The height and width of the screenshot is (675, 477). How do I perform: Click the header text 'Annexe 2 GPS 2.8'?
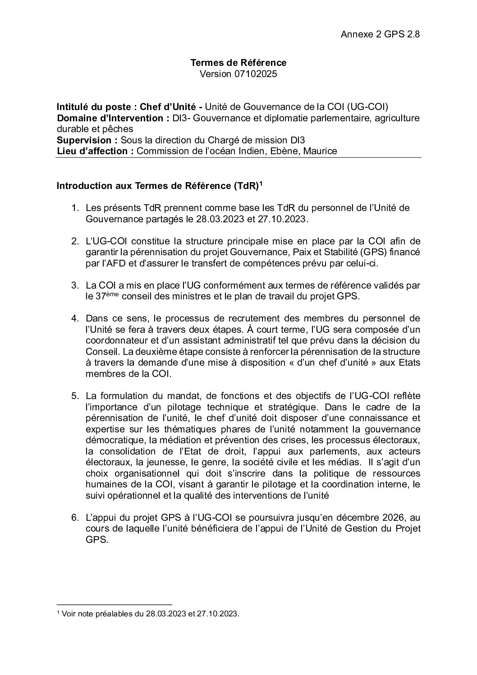click(x=381, y=34)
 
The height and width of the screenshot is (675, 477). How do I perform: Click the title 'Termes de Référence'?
click(x=238, y=63)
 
